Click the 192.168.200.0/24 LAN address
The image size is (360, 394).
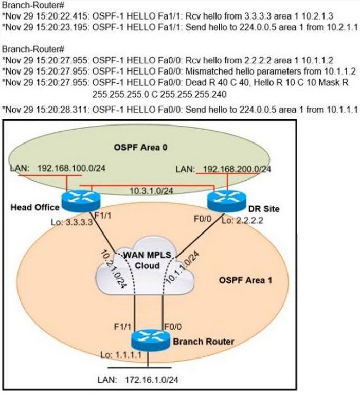(237, 169)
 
